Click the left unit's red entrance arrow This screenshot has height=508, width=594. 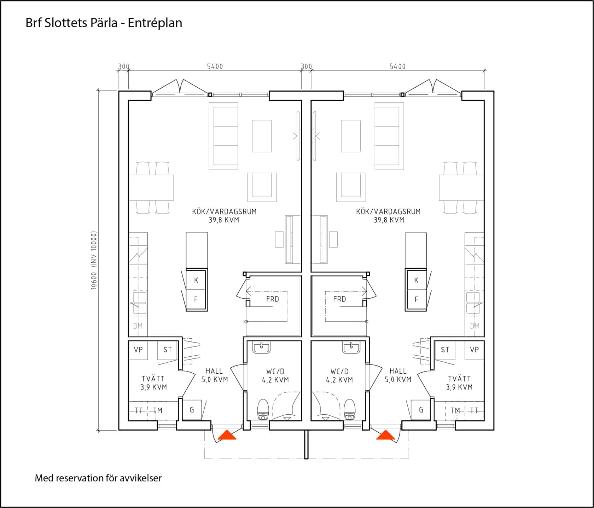pos(227,435)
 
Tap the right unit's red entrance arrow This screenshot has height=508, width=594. pos(385,435)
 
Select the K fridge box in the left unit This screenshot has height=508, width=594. pos(197,280)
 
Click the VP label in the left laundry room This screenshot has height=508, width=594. pos(138,350)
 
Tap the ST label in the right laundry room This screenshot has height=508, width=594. pos(445,350)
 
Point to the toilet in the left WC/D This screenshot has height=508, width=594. pos(263,410)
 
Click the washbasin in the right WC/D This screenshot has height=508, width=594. pos(351,348)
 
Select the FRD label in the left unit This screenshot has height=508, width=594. pos(273,299)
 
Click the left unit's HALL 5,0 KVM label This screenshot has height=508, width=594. pos(215,375)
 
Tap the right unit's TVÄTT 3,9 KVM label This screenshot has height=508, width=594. pos(459,383)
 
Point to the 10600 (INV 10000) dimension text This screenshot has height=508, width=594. pos(94,261)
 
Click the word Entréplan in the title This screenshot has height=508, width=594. pos(155,23)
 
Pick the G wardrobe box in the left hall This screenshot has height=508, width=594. pos(192,410)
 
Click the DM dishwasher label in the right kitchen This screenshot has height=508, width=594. pos(475,326)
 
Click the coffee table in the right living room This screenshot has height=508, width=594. pos(351,136)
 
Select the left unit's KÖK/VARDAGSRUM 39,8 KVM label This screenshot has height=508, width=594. pos(224,216)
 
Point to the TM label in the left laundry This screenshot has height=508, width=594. pos(158,410)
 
